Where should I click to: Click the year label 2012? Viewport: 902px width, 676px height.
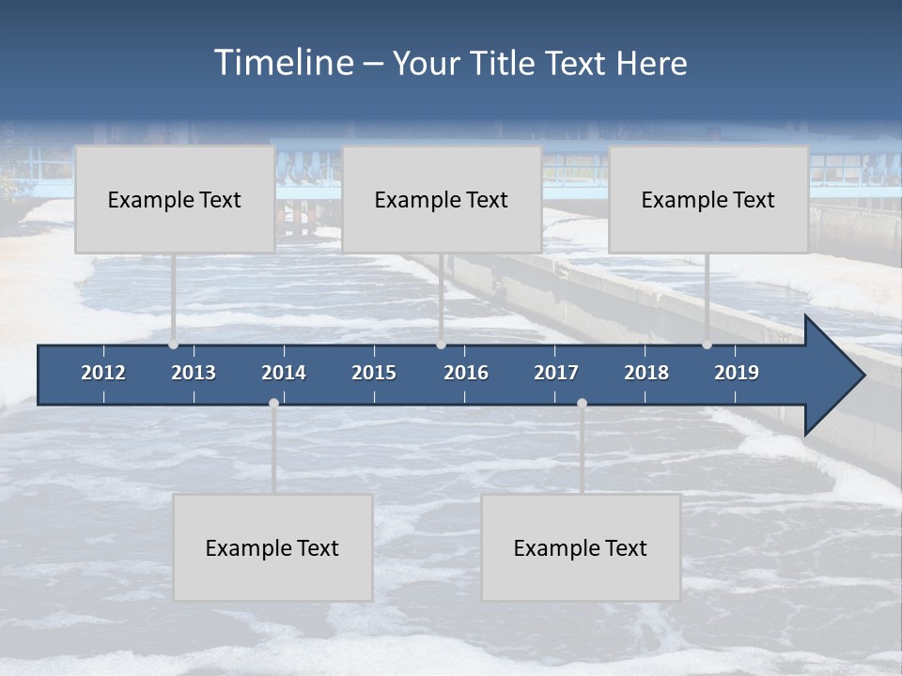(x=103, y=373)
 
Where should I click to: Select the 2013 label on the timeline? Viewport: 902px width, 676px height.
(x=194, y=373)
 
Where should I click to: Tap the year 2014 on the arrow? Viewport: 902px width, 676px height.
(x=284, y=373)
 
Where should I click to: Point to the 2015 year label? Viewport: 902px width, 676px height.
(x=374, y=373)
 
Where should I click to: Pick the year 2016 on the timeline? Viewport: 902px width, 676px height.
(x=466, y=373)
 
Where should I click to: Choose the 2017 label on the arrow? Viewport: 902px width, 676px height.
(x=556, y=373)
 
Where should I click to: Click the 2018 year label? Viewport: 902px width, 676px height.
(x=646, y=373)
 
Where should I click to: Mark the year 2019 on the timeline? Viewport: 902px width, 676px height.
(x=737, y=373)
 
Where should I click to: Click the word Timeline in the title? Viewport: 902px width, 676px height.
(x=283, y=63)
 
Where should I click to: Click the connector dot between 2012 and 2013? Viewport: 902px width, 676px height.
(x=174, y=345)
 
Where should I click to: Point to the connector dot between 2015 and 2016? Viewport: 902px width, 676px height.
(x=441, y=345)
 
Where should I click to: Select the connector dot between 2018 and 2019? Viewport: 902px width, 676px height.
(x=708, y=345)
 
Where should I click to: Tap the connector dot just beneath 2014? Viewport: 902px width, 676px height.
(x=273, y=403)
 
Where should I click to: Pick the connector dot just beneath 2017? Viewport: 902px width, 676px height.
(x=582, y=403)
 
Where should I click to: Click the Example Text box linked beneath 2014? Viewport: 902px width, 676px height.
(x=272, y=547)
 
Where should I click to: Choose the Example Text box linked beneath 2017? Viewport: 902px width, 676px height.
(x=581, y=547)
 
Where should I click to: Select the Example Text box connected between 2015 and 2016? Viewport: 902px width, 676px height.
(x=442, y=199)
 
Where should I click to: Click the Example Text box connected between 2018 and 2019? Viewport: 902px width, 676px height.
(x=708, y=199)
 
